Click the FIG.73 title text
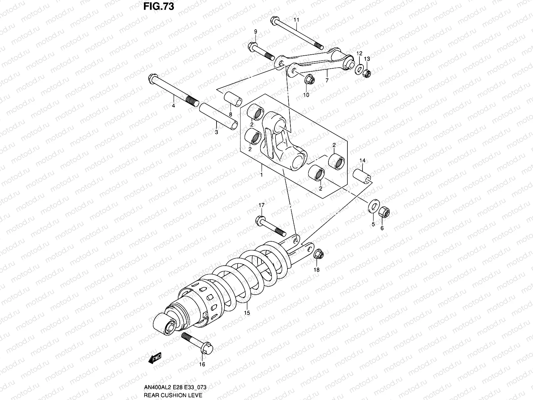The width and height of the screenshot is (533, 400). (x=158, y=7)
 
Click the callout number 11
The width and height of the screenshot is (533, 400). (x=296, y=20)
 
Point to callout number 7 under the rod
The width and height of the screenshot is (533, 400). (x=327, y=80)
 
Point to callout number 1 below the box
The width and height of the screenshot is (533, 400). (x=262, y=175)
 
